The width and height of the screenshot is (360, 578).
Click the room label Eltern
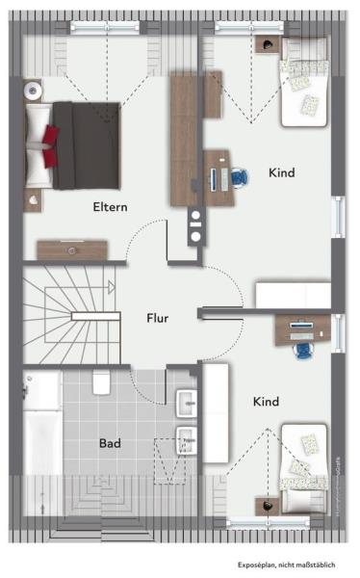[x=110, y=206]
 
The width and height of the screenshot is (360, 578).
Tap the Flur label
[x=159, y=318]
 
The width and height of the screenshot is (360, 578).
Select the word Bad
[x=110, y=444]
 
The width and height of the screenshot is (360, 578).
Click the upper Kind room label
[x=282, y=173]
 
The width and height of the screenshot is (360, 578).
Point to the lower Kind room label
[x=267, y=401]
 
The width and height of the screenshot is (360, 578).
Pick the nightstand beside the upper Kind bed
[x=264, y=44]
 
